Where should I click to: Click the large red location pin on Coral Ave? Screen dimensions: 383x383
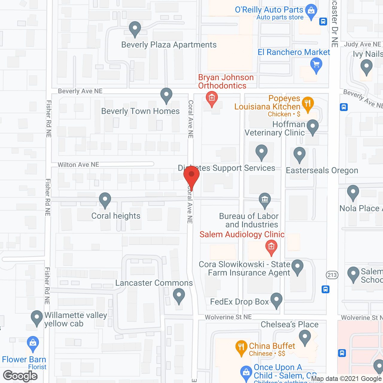pyautogui.click(x=191, y=177)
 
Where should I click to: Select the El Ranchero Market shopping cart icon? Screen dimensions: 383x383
pyautogui.click(x=316, y=65)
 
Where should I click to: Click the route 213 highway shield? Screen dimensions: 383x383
pyautogui.click(x=332, y=275)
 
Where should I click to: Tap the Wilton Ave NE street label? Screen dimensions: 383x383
pyautogui.click(x=78, y=165)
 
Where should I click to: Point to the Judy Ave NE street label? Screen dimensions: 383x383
pyautogui.click(x=362, y=44)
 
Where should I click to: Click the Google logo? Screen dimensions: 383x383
pyautogui.click(x=20, y=376)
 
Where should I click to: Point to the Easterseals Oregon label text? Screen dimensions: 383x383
pyautogui.click(x=322, y=171)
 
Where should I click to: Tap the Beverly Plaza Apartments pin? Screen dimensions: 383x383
pyautogui.click(x=135, y=29)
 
